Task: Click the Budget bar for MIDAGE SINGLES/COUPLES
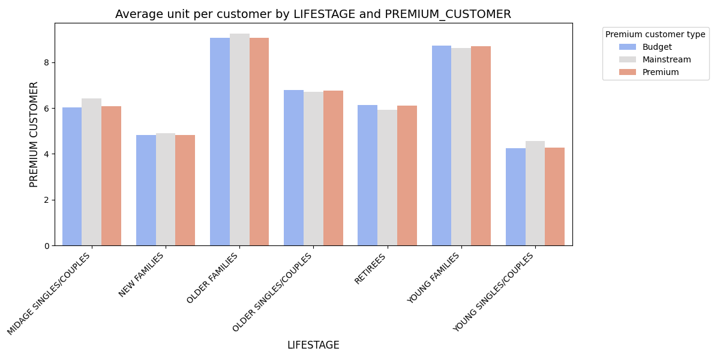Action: pyautogui.click(x=72, y=176)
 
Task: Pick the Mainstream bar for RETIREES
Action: pyautogui.click(x=387, y=178)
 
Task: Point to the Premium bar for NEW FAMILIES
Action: pyautogui.click(x=185, y=190)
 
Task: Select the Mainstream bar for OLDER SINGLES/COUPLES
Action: pyautogui.click(x=313, y=169)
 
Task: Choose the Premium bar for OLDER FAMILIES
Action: pyautogui.click(x=259, y=142)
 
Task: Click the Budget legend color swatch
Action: pyautogui.click(x=628, y=47)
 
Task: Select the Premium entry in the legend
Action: pyautogui.click(x=660, y=72)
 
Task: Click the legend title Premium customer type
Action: pyautogui.click(x=655, y=34)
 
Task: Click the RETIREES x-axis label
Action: pyautogui.click(x=371, y=269)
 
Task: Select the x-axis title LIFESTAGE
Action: pyautogui.click(x=313, y=345)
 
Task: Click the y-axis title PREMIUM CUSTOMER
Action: pyautogui.click(x=34, y=134)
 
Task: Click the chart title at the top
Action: pyautogui.click(x=313, y=14)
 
